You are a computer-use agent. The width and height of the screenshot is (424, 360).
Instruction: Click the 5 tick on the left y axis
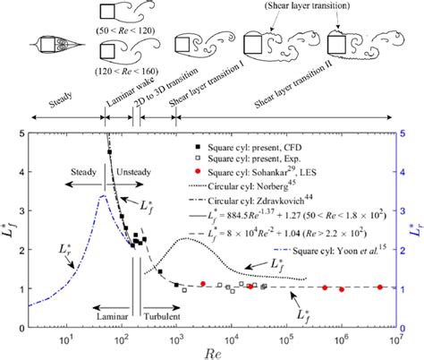pos(20,133)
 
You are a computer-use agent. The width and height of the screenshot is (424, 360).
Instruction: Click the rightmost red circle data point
pos(380,287)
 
